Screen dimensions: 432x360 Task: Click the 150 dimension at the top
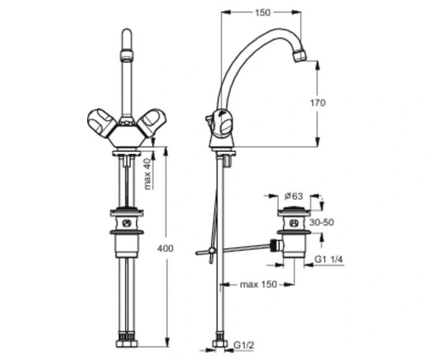tap(263, 13)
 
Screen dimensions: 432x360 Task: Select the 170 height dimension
tap(318, 103)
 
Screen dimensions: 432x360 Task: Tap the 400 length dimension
tap(166, 248)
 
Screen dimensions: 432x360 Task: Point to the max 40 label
tap(148, 174)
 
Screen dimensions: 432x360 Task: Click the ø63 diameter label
tap(294, 196)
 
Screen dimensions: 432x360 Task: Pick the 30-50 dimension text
tap(322, 222)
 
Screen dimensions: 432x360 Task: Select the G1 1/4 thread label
tap(329, 259)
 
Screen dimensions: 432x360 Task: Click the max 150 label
tap(258, 284)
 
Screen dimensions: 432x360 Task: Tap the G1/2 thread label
tap(243, 345)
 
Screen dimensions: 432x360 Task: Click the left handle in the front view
tap(102, 123)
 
